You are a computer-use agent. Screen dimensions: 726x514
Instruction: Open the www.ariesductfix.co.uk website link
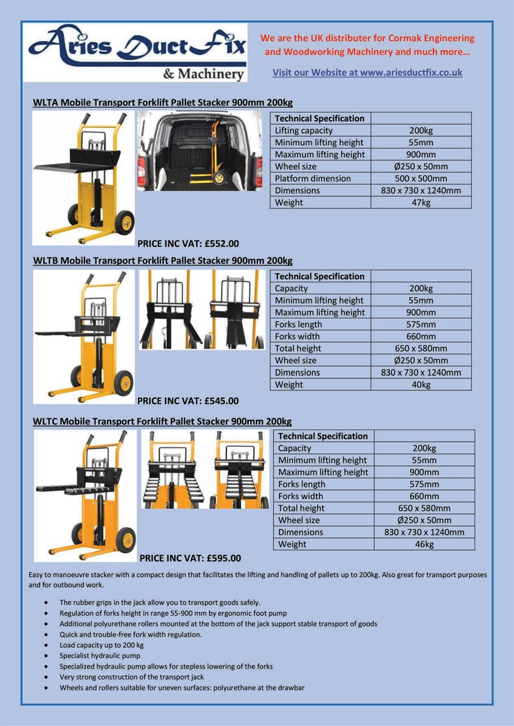click(367, 73)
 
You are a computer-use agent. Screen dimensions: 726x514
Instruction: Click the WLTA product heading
click(163, 103)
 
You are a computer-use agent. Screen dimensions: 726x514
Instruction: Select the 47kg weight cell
click(420, 202)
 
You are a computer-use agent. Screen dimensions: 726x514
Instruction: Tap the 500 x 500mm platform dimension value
click(420, 179)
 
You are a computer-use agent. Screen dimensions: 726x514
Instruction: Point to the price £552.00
click(188, 244)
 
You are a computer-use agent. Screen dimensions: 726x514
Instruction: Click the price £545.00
click(188, 401)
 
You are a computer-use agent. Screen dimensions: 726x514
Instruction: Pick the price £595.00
click(190, 558)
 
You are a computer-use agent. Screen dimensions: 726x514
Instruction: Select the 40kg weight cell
click(420, 385)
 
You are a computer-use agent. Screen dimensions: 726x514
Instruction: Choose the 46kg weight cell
click(424, 544)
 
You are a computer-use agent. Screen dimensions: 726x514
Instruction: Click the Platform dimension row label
click(313, 179)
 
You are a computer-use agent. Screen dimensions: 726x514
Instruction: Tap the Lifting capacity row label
click(304, 130)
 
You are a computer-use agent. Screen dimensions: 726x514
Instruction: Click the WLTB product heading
click(163, 261)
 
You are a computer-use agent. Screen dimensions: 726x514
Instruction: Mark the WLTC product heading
click(162, 421)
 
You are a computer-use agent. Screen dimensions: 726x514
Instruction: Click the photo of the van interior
click(200, 151)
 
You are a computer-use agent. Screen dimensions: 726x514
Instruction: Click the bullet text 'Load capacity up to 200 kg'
click(102, 645)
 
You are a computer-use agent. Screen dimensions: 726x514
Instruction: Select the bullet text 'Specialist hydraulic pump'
click(100, 656)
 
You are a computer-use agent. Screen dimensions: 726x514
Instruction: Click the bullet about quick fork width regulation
click(130, 635)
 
